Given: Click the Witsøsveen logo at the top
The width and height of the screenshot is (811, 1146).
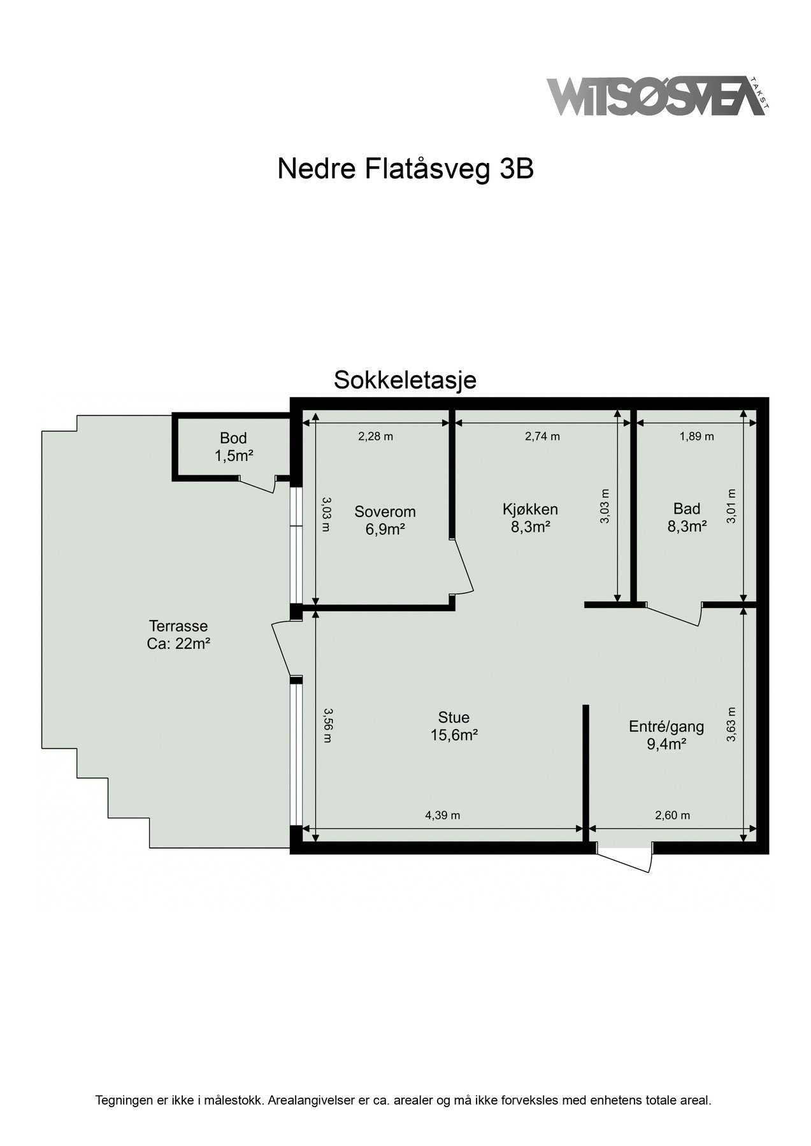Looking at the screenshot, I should (x=656, y=96).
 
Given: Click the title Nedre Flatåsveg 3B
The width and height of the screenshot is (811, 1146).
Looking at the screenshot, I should (x=405, y=169).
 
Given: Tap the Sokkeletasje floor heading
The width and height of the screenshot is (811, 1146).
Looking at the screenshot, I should (x=405, y=380).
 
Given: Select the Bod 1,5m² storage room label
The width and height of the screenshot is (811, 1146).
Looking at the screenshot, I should (x=233, y=447).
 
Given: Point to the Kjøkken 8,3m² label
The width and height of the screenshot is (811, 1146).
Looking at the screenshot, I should (x=530, y=517).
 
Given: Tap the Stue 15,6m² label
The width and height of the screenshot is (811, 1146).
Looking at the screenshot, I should (x=454, y=726).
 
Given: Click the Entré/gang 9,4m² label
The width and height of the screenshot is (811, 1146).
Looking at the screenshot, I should (x=666, y=735).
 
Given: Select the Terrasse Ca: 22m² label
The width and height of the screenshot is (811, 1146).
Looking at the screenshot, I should (x=178, y=634).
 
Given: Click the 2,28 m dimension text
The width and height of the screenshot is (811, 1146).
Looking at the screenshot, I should (x=375, y=437).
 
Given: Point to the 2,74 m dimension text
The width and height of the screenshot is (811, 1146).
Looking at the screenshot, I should (x=542, y=437).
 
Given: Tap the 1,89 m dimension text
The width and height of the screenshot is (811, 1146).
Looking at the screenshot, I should (x=696, y=437).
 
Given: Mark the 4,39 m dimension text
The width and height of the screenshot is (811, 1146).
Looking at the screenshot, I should (x=442, y=815).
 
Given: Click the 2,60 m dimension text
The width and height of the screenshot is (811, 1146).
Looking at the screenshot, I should (x=672, y=815).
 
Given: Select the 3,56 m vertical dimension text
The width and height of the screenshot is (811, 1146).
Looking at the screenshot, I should (x=327, y=725).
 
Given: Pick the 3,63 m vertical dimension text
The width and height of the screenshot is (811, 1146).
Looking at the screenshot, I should (x=731, y=725).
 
